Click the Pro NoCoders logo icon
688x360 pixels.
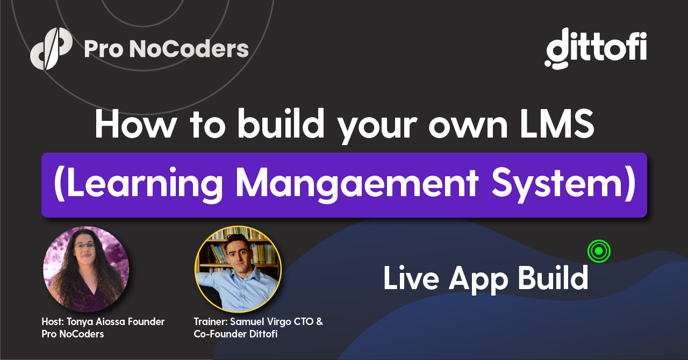[51, 48]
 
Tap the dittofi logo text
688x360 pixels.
[596, 48]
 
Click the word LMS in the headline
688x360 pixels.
[557, 124]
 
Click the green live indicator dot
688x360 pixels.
[599, 251]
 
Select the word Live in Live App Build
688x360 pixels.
[411, 278]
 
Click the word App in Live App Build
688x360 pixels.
[478, 280]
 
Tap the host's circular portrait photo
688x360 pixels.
[86, 269]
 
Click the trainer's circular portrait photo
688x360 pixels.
[238, 269]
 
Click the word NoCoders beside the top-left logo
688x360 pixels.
[189, 49]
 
